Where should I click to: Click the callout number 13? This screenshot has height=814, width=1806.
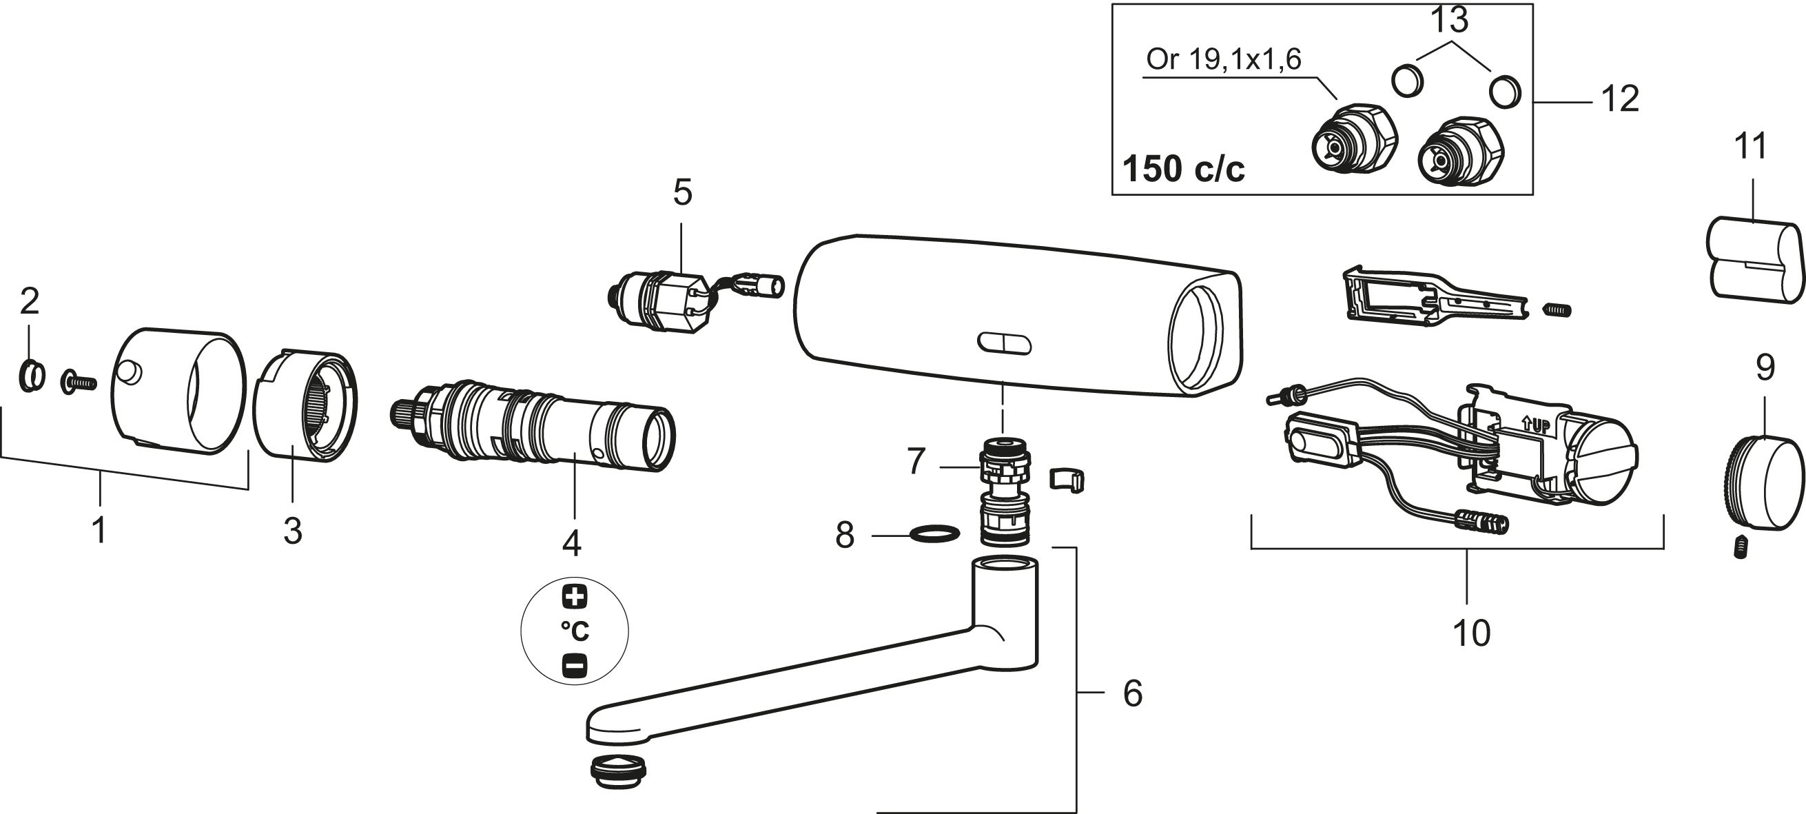(x=1449, y=20)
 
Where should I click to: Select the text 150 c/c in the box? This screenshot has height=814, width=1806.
(x=1183, y=169)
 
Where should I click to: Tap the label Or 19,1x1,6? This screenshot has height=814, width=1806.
(x=1223, y=59)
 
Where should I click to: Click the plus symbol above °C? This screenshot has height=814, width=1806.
(x=575, y=597)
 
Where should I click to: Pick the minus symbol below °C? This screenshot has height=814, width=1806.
(x=575, y=665)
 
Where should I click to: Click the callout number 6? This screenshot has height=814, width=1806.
(x=1133, y=693)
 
